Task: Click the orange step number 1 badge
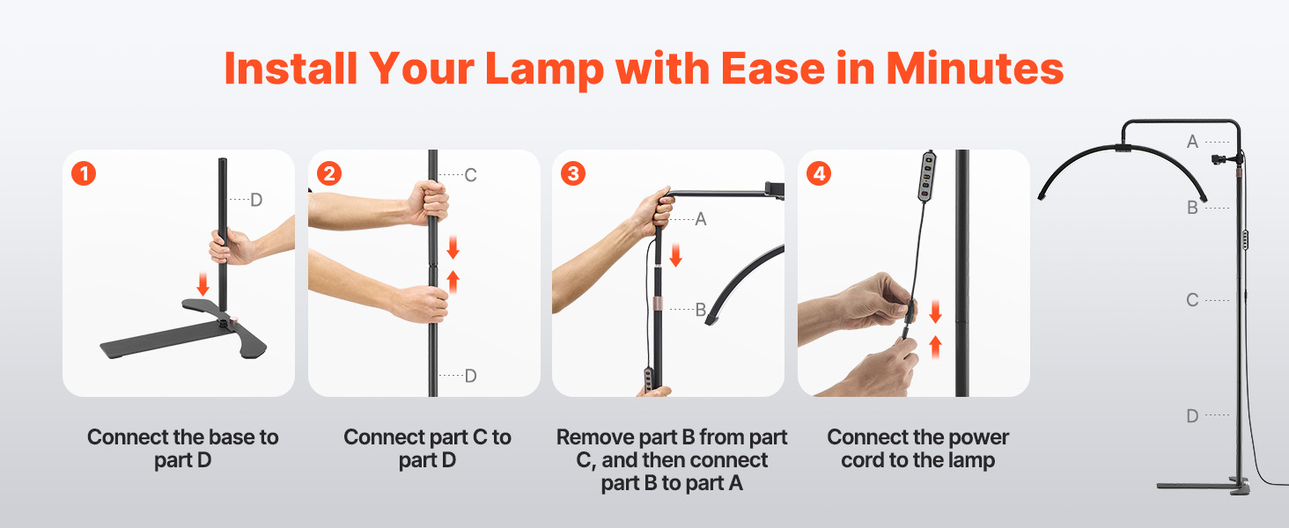coord(84,173)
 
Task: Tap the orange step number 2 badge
coord(329,173)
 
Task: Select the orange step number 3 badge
coord(573,173)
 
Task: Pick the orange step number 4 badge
coord(819,173)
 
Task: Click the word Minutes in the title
coord(975,69)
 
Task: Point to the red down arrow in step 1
coord(203,284)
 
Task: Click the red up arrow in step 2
coord(453,282)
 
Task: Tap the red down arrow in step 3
coord(675,255)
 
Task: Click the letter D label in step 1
coord(256,200)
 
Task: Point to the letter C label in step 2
coord(470,175)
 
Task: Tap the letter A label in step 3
coord(700,219)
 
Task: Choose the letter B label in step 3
coord(700,310)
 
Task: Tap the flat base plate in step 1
coord(183,334)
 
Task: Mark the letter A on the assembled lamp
coord(1192,142)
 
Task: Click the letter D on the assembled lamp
coord(1192,415)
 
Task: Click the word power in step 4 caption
coord(978,438)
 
